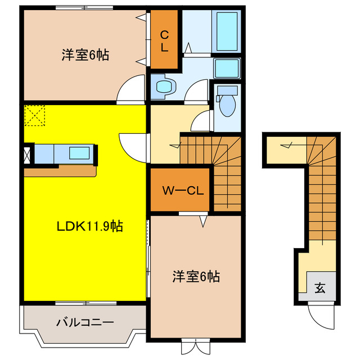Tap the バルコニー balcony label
(85, 323)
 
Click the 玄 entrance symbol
(319, 289)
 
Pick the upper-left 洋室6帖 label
(85, 55)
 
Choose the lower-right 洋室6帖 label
(196, 276)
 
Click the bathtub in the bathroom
(227, 30)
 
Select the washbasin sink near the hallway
(164, 86)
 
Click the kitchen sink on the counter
(79, 152)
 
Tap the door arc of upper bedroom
(128, 90)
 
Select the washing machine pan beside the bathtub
(227, 68)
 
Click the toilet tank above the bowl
(227, 90)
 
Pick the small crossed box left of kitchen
(27, 154)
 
